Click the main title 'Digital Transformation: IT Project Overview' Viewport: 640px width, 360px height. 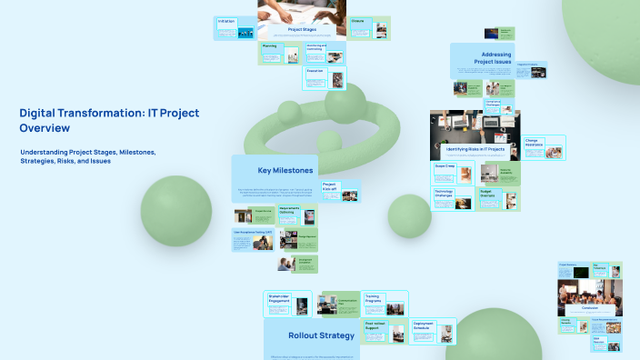tap(109, 120)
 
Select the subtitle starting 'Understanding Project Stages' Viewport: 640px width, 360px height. tap(88, 156)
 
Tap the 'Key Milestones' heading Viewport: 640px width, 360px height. tap(285, 170)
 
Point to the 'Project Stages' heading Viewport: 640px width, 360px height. tap(302, 29)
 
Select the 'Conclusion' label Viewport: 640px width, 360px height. tap(589, 305)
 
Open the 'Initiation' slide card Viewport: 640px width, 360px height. tap(235, 27)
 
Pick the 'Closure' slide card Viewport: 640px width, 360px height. tap(369, 27)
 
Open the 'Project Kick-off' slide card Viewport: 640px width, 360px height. tap(340, 191)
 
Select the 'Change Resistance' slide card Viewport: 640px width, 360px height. tap(545, 148)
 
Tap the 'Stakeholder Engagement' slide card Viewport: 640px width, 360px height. tap(287, 304)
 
